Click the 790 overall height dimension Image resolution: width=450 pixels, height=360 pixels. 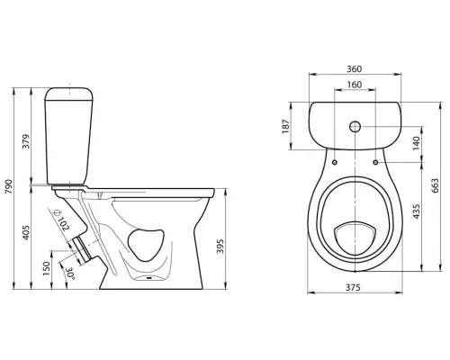point(9,186)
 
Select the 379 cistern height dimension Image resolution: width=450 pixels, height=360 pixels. point(26,141)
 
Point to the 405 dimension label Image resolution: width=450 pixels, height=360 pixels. point(26,232)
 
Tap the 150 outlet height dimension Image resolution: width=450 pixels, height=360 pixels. point(46,268)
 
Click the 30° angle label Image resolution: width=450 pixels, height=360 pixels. point(70,274)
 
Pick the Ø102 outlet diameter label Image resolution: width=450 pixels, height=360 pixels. point(61,220)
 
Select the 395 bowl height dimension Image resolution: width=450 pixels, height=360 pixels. point(220,247)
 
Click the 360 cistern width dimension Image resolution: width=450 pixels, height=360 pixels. point(355,69)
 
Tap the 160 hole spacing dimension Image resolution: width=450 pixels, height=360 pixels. point(355,85)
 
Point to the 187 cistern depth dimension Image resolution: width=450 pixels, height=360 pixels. point(286,126)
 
